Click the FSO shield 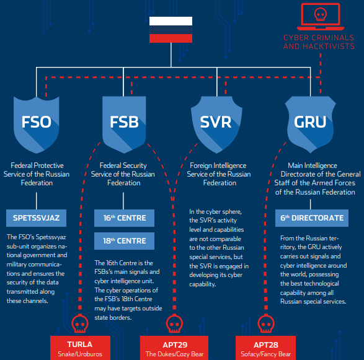[37, 125]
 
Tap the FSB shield [124, 125]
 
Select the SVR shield [216, 125]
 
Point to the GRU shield [311, 125]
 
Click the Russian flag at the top [171, 30]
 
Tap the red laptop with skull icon [321, 17]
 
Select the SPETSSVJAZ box [36, 218]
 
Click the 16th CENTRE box [124, 218]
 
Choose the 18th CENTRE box [124, 241]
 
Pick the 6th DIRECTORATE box [312, 218]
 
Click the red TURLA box [80, 348]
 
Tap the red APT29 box [174, 348]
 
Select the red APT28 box [265, 348]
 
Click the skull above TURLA [80, 324]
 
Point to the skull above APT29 [174, 324]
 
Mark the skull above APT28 [266, 324]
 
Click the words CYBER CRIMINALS [319, 38]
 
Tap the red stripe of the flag [171, 38]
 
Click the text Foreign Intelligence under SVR [218, 165]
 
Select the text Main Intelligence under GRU [313, 165]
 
